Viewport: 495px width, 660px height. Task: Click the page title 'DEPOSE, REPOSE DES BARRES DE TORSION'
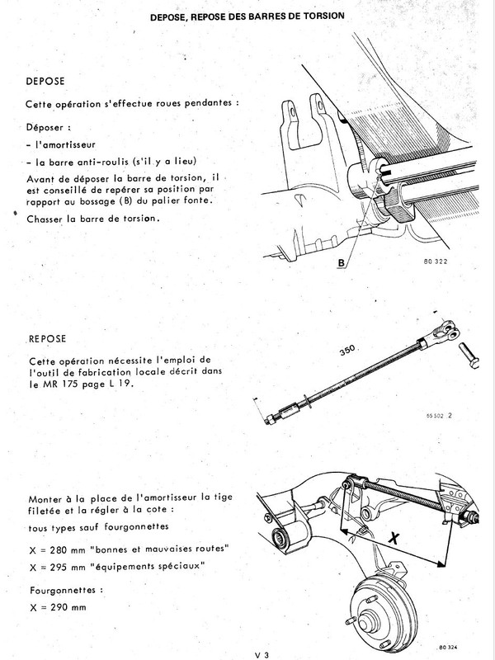click(x=248, y=16)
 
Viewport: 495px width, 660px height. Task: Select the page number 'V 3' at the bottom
click(x=263, y=653)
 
